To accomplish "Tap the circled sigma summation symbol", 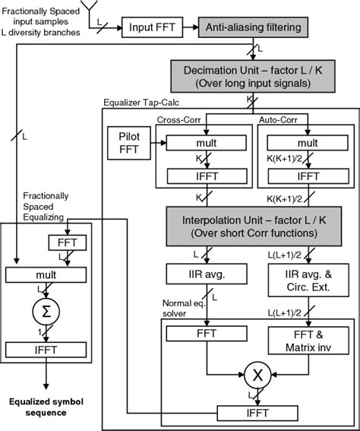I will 47,311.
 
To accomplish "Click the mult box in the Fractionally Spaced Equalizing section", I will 47,275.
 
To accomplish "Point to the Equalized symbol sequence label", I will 47,407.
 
